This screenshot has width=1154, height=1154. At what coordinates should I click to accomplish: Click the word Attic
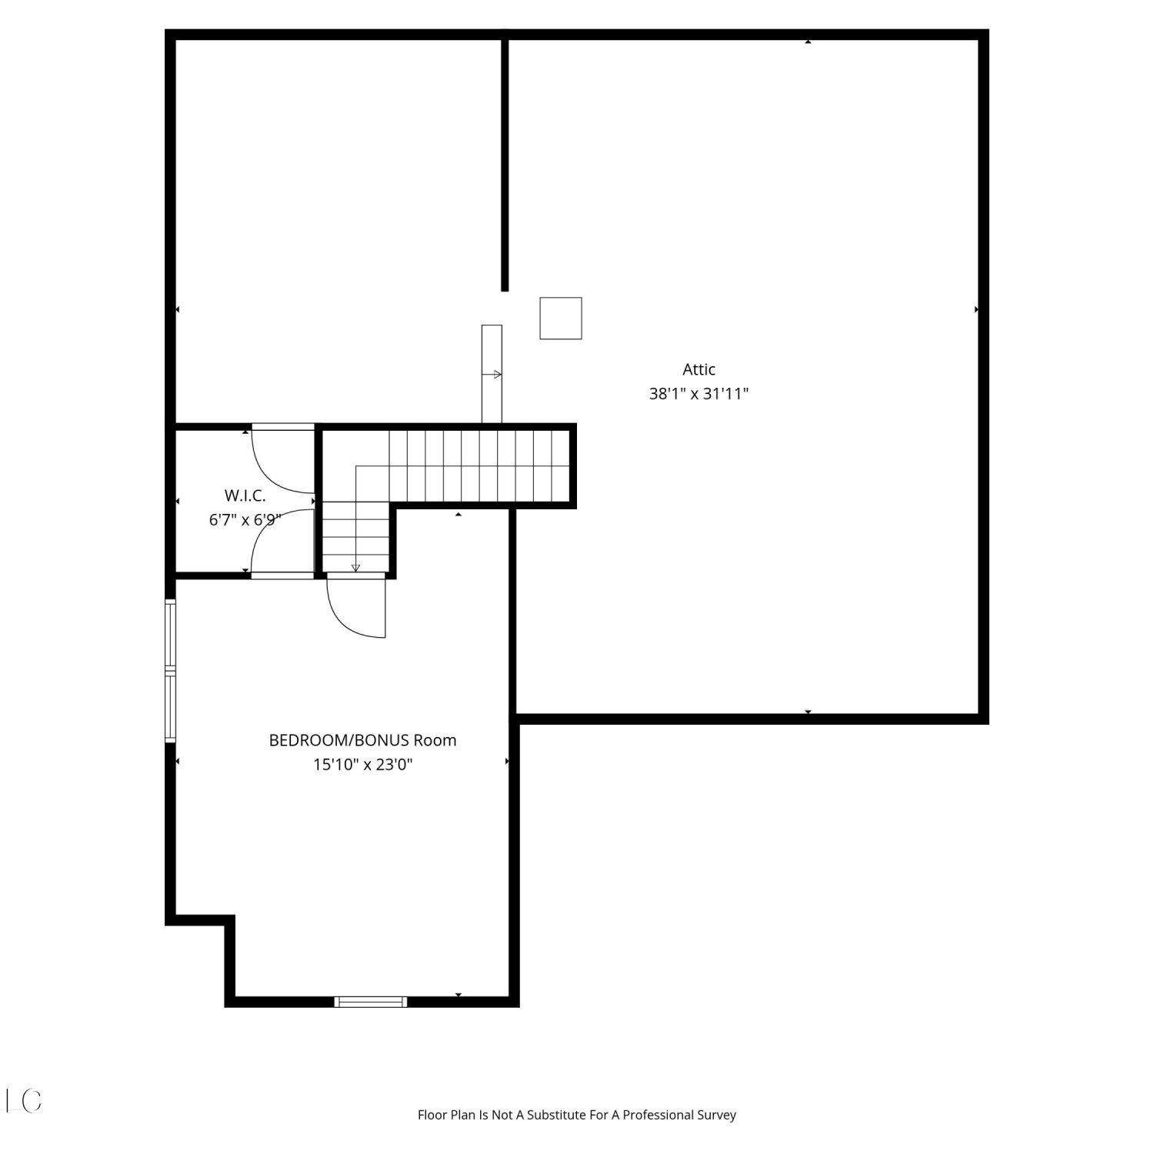[x=699, y=369]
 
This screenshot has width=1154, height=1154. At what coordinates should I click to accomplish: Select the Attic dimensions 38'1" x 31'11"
[x=699, y=394]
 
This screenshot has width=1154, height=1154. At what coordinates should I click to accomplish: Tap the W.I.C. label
[x=245, y=495]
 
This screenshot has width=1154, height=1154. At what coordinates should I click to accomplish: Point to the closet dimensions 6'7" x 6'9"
[x=245, y=520]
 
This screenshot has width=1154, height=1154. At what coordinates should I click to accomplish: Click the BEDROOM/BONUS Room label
[x=362, y=740]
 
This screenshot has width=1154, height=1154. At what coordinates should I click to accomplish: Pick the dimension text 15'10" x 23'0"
[x=362, y=765]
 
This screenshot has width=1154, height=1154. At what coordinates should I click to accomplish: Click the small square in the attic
[x=561, y=318]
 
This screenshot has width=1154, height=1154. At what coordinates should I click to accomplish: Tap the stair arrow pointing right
[x=492, y=375]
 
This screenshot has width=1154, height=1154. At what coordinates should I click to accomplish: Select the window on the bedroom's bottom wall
[x=371, y=1001]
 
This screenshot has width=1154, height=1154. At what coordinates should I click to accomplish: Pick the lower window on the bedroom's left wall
[x=171, y=708]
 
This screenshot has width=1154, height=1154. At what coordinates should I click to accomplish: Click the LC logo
[x=23, y=1101]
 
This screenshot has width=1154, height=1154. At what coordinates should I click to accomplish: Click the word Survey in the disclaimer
[x=716, y=1115]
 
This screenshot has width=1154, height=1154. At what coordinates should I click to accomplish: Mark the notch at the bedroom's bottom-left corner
[x=229, y=920]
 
